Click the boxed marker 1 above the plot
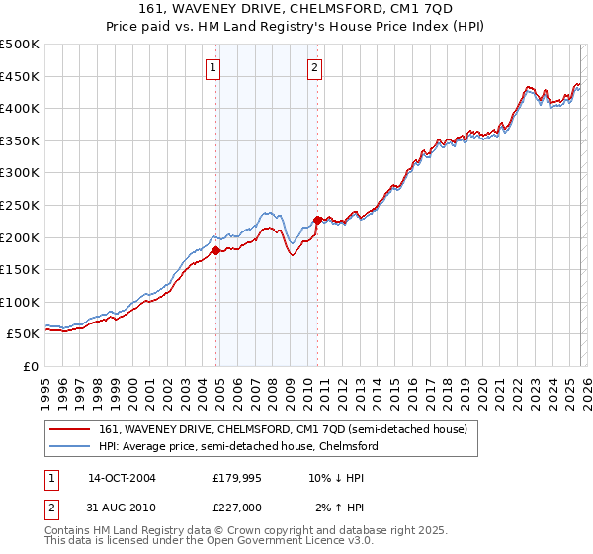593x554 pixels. [213, 68]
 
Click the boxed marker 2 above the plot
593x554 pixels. [314, 68]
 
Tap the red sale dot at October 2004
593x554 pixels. [215, 250]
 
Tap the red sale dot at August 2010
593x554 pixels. [317, 220]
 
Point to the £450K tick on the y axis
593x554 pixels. [20, 76]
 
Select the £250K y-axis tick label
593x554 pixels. [20, 205]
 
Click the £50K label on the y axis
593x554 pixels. [24, 334]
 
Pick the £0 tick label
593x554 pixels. [30, 366]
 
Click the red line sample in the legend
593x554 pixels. [71, 428]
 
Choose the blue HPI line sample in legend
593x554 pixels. [71, 446]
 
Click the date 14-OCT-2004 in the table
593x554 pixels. [122, 478]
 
